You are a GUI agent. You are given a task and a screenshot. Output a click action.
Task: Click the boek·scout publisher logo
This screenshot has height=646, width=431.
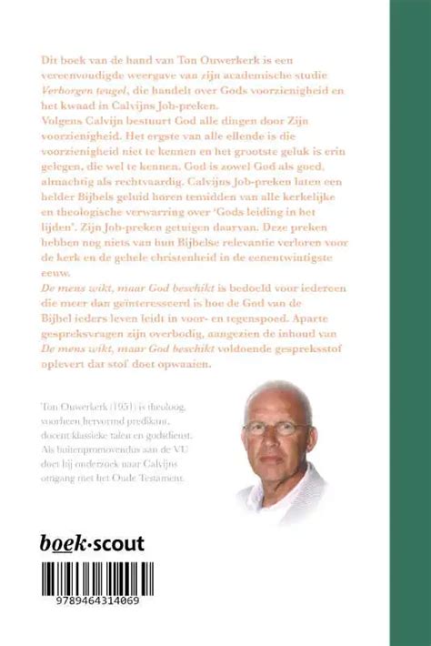[94, 543]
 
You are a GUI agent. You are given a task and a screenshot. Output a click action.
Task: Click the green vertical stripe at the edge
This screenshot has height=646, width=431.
[410, 323]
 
